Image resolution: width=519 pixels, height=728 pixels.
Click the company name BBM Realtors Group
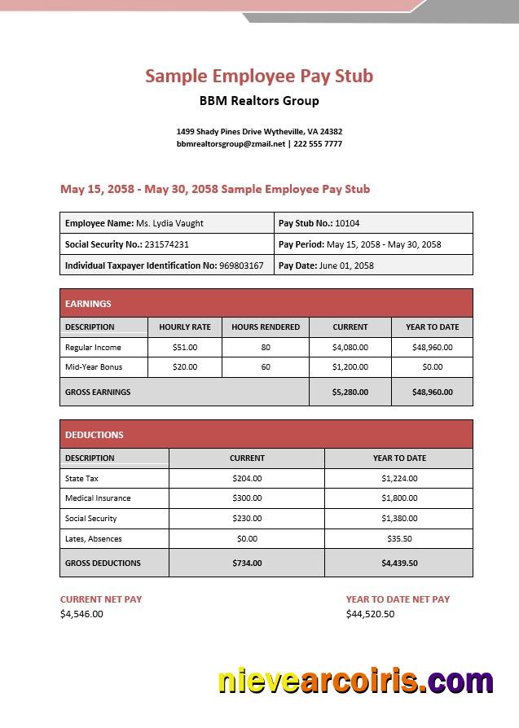tap(259, 101)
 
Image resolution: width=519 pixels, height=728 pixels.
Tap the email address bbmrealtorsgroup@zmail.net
tap(231, 144)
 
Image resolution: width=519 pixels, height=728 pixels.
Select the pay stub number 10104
tap(347, 223)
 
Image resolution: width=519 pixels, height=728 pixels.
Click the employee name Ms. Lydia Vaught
tap(169, 223)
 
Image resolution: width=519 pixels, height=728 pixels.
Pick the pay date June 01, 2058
tap(346, 265)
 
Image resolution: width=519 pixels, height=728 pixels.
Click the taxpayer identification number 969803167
tap(241, 265)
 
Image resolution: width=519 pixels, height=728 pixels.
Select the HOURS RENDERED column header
tap(266, 327)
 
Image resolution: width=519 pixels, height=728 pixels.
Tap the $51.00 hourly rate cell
tap(185, 347)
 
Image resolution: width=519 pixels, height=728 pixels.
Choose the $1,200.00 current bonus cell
tap(350, 367)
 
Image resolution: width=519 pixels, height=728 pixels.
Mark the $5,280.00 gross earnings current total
tap(350, 392)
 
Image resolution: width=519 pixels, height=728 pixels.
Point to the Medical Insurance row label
tap(98, 498)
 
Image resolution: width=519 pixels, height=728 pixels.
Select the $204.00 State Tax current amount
tap(247, 479)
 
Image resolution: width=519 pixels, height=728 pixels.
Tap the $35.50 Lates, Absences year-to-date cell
tap(399, 538)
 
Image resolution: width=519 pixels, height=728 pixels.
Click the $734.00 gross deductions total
tap(247, 563)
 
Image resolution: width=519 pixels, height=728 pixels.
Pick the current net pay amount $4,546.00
tap(81, 614)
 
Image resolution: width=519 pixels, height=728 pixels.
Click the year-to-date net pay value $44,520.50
tap(370, 614)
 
